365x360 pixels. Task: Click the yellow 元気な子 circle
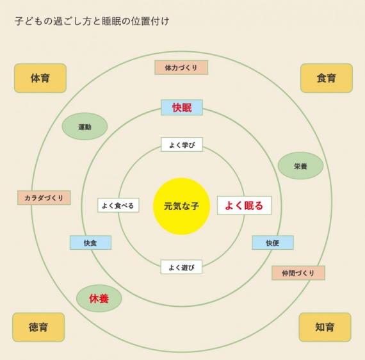[182, 206]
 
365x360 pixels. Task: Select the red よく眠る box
[244, 206]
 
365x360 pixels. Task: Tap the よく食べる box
[118, 205]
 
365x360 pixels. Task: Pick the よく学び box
[182, 145]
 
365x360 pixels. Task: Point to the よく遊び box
[181, 267]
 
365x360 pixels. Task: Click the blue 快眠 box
[182, 108]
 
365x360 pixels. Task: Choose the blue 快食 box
[90, 243]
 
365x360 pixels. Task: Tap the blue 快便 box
[273, 243]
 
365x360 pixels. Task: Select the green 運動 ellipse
[85, 126]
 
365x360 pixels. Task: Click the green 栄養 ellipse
[300, 165]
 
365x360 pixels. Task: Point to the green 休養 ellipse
[99, 299]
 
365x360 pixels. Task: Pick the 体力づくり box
[181, 67]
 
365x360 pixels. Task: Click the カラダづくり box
[44, 198]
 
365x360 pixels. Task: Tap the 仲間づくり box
[298, 273]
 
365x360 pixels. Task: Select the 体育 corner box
[40, 78]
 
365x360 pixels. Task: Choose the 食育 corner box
[327, 78]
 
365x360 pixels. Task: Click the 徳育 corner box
[38, 327]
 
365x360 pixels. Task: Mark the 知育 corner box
[325, 327]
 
